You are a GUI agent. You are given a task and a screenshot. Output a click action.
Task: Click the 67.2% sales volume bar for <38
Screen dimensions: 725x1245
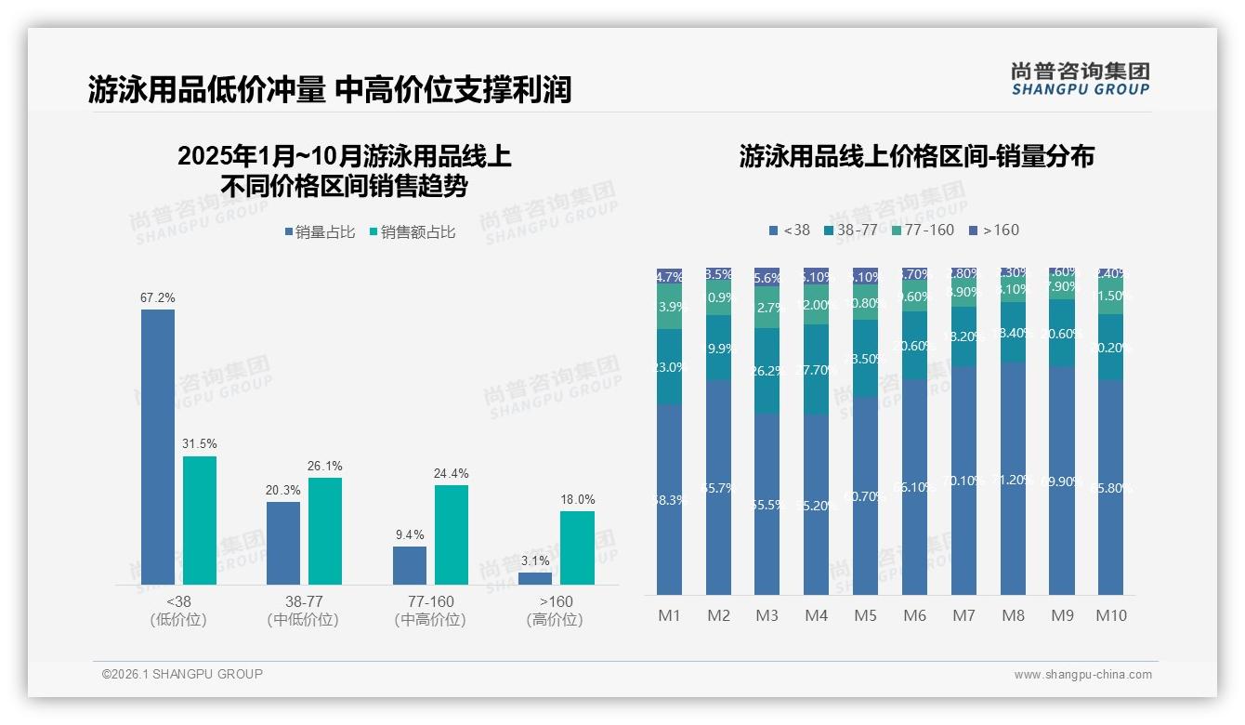(158, 446)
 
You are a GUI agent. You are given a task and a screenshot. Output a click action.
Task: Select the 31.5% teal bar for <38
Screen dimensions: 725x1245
(200, 520)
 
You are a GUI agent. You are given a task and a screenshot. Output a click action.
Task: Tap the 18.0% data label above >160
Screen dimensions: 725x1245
(577, 499)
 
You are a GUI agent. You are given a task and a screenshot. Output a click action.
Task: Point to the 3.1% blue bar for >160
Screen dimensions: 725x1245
(535, 578)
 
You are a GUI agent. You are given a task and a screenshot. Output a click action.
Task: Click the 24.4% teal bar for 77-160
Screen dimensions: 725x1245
(452, 534)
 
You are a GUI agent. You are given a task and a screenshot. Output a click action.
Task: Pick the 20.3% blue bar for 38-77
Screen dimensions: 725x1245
(283, 543)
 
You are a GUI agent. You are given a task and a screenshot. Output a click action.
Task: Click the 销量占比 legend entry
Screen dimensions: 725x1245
(320, 232)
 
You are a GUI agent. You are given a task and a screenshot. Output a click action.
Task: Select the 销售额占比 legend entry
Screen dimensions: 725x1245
(413, 232)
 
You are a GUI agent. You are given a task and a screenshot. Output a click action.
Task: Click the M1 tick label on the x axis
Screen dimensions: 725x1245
(669, 615)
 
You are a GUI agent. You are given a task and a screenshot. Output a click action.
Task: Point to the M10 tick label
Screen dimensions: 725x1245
(1110, 615)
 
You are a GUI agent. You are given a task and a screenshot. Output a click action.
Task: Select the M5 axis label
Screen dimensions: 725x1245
(865, 615)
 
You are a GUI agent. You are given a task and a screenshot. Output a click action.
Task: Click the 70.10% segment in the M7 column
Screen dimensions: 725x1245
(963, 481)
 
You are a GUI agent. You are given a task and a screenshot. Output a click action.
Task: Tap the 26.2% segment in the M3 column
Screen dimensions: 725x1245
(767, 370)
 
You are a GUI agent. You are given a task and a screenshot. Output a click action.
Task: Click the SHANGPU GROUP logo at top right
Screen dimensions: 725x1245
(1080, 79)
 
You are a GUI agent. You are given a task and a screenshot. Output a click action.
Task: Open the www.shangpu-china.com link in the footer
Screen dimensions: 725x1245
(1082, 675)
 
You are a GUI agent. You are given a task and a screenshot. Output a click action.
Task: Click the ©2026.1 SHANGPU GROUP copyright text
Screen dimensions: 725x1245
(182, 674)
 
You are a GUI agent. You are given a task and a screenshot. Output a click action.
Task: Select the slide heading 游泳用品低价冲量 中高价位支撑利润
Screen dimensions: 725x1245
(330, 89)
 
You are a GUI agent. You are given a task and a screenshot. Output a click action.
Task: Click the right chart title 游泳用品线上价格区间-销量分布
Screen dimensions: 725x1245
(916, 156)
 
